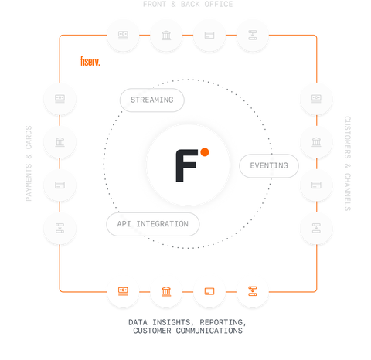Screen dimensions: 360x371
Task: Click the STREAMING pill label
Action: pos(151,100)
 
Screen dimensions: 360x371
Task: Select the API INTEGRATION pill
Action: pos(152,224)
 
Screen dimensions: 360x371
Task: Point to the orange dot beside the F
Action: pos(205,153)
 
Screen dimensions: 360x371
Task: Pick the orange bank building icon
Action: pos(165,290)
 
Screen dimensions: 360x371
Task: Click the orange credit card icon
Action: pos(209,290)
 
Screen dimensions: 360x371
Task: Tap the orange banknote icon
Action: pos(123,290)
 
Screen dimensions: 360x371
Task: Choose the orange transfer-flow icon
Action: pos(252,290)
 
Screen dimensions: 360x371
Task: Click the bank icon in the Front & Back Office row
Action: pos(165,36)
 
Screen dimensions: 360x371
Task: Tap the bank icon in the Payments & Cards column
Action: pos(60,142)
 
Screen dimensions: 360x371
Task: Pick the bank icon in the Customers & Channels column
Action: pos(315,142)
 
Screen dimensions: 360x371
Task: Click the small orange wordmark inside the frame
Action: pos(90,61)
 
